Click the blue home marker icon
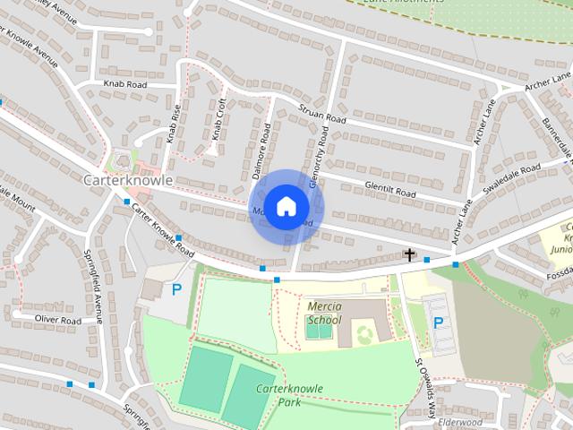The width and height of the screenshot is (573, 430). click(286, 205)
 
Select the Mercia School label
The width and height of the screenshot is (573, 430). click(323, 312)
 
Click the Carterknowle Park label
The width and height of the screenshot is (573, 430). click(288, 395)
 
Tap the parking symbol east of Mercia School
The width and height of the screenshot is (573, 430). click(438, 322)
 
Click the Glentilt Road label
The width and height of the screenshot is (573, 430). click(390, 191)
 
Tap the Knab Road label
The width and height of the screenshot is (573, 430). click(125, 85)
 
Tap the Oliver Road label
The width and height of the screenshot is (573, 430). click(58, 320)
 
